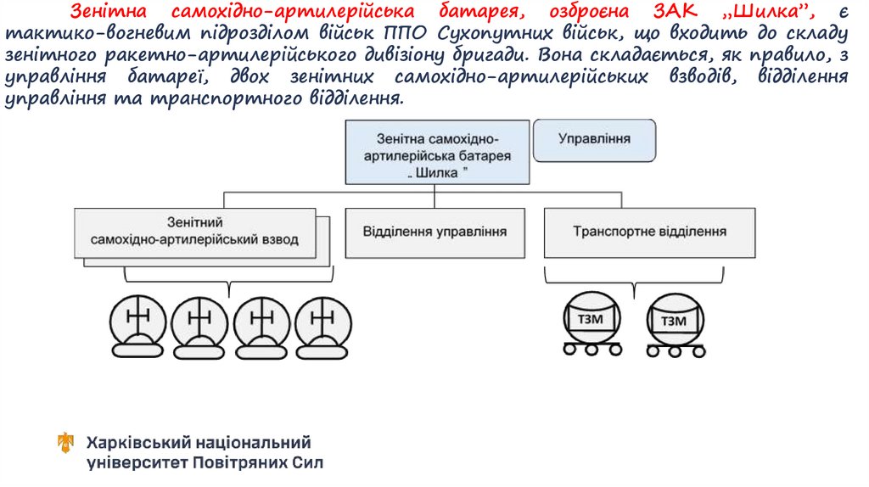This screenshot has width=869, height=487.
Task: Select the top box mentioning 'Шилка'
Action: [437, 153]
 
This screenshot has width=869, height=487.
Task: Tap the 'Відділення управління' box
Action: [434, 232]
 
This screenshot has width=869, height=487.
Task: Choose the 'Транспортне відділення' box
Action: [649, 232]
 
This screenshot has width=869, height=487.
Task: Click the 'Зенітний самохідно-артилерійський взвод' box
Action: [194, 232]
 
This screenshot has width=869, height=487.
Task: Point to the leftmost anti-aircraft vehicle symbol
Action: [137, 326]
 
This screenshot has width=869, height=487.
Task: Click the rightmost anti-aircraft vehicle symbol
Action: [323, 326]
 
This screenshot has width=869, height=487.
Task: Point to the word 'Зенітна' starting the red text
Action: [106, 13]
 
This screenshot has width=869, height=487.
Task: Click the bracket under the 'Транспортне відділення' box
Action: [634, 277]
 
